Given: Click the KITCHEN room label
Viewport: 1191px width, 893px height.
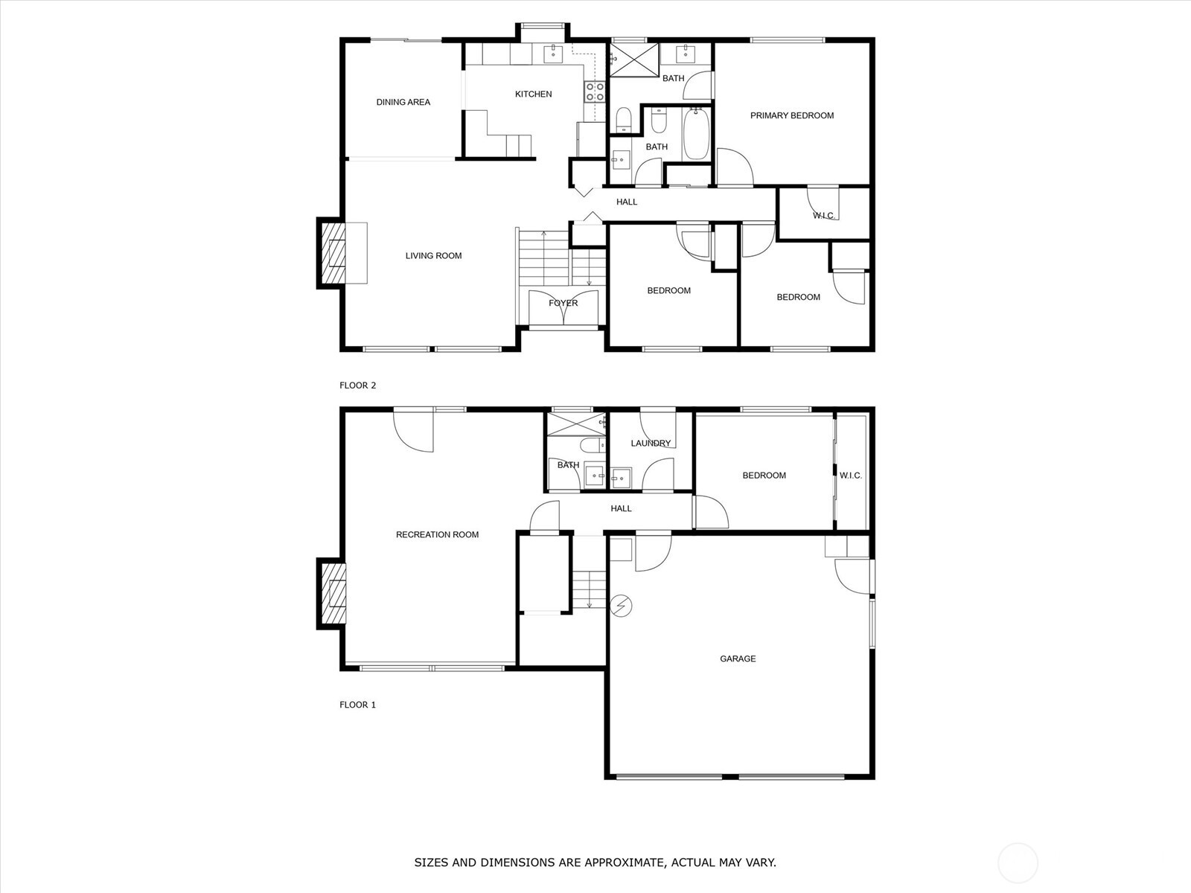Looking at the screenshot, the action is click(x=534, y=95).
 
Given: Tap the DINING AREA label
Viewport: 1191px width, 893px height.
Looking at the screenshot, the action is click(x=403, y=102).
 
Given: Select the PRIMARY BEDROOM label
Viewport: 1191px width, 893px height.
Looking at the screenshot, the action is click(x=792, y=115).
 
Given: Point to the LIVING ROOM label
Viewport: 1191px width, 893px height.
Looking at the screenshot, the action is click(x=433, y=256).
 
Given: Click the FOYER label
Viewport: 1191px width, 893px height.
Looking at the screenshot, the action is click(x=563, y=303).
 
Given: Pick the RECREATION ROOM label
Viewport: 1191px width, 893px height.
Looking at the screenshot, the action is click(x=438, y=534).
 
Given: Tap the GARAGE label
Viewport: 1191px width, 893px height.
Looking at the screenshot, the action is click(x=738, y=659).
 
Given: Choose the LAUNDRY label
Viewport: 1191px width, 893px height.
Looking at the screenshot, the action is click(x=651, y=443).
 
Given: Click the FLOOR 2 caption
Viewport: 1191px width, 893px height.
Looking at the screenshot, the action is click(x=357, y=385).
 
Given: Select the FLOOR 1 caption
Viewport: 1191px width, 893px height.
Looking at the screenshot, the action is click(x=357, y=705).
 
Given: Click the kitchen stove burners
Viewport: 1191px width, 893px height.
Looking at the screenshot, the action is click(x=595, y=92).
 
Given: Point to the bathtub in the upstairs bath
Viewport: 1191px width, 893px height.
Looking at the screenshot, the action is click(x=695, y=134).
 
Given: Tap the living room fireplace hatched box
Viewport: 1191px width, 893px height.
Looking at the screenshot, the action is click(x=333, y=253).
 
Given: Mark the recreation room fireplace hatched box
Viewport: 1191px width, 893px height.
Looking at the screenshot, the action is click(x=333, y=595).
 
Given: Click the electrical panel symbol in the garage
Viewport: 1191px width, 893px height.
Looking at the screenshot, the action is click(x=622, y=606).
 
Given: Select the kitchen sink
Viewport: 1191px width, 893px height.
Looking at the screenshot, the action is click(x=553, y=53).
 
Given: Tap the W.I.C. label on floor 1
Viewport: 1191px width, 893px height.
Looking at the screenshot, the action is click(x=850, y=476).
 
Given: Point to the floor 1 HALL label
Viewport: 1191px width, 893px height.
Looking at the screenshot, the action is click(x=622, y=508).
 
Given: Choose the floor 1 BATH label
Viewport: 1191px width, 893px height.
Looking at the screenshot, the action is click(x=568, y=465).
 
